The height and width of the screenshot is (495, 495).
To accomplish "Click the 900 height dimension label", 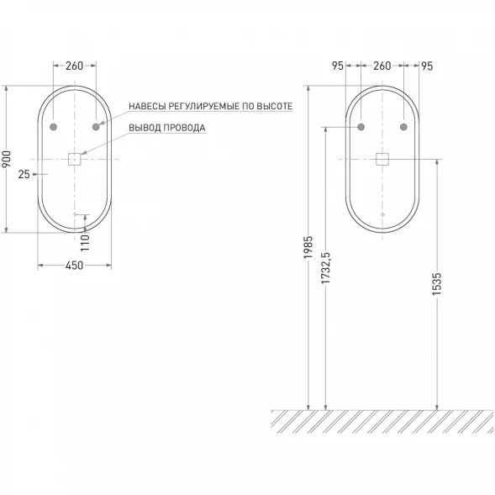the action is pos(7,159).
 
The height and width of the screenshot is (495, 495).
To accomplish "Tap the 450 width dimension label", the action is pos(74,266).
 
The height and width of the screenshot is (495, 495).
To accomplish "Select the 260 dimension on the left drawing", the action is pos(74,66).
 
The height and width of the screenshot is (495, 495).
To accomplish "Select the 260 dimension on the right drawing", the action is pos(382,66).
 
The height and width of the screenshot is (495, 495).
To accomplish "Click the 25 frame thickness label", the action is pos(24,174).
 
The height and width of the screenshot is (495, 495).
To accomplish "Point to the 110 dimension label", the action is pos(85,242).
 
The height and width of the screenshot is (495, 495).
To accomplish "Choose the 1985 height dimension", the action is pos(308,247).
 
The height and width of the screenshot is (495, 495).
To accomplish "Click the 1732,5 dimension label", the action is pos(325,268).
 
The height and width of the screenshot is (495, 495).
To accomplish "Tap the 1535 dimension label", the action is pos(437,284).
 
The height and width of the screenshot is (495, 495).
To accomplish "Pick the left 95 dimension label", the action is pos(338,66).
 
